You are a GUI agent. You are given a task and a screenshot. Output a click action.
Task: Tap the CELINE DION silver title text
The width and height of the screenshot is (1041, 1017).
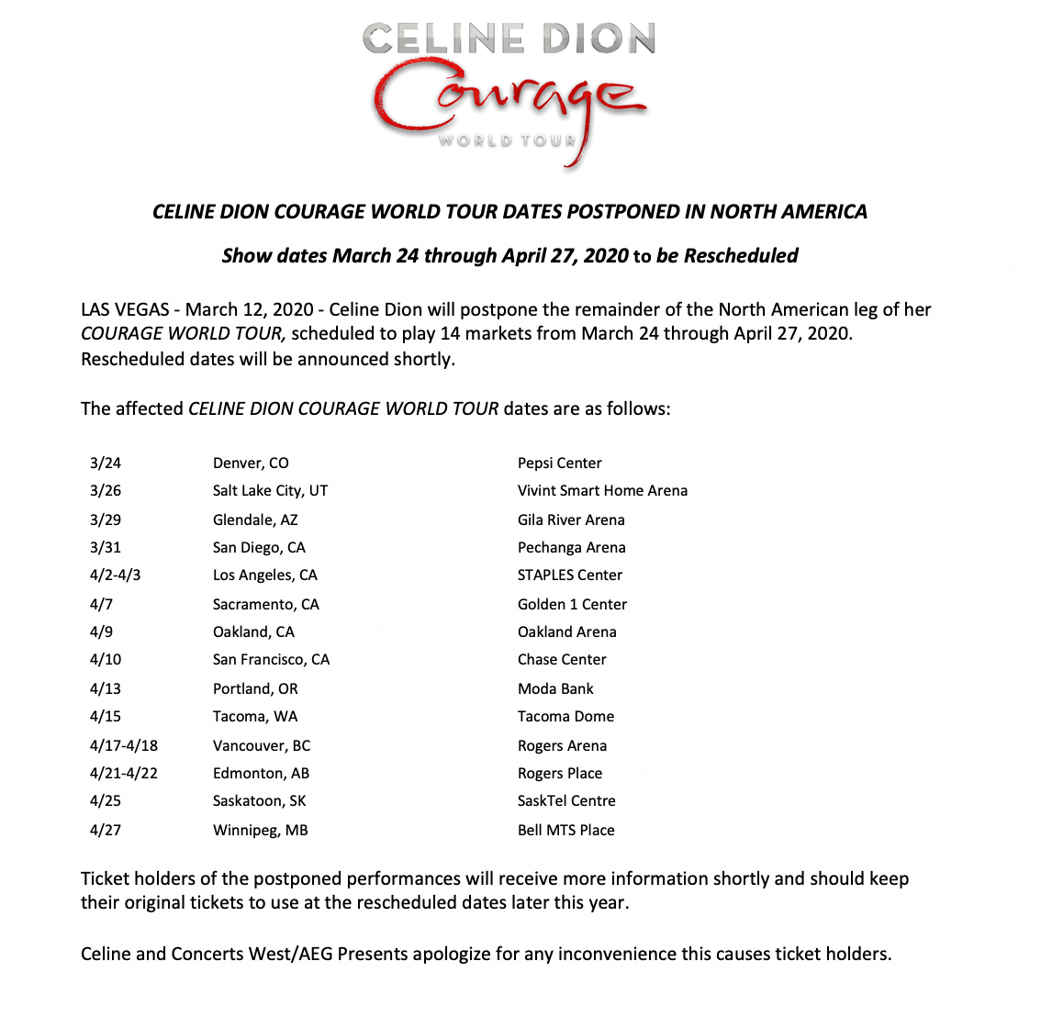click(x=509, y=39)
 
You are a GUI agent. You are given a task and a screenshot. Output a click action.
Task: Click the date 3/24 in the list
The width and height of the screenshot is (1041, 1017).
click(x=106, y=463)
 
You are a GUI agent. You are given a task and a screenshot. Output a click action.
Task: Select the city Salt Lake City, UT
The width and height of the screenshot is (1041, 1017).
click(x=270, y=490)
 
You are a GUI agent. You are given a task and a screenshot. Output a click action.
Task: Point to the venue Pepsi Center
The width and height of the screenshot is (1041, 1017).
click(x=559, y=463)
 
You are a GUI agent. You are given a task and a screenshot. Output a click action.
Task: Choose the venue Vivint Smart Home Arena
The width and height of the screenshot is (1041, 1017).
click(x=602, y=490)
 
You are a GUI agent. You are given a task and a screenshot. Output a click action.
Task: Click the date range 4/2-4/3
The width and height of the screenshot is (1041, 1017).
click(x=115, y=575)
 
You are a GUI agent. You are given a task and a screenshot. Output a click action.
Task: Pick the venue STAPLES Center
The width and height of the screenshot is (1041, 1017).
click(x=569, y=575)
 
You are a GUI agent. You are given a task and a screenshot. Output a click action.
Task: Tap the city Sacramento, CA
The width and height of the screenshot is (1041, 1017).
click(x=265, y=604)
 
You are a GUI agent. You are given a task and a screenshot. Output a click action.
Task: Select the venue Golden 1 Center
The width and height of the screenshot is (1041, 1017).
click(x=572, y=604)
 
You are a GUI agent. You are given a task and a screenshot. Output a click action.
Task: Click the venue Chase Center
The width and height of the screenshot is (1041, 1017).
click(x=562, y=659)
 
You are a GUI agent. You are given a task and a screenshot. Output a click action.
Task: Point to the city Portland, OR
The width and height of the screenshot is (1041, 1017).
click(x=255, y=688)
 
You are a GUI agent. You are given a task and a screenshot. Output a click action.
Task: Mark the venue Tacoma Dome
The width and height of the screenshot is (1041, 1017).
click(x=565, y=716)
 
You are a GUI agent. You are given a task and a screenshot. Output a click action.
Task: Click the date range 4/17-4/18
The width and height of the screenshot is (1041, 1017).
click(x=124, y=745)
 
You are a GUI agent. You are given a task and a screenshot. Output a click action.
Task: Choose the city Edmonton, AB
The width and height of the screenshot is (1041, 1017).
click(x=261, y=773)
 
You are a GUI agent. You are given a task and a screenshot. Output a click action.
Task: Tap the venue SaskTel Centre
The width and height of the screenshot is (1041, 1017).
click(x=566, y=800)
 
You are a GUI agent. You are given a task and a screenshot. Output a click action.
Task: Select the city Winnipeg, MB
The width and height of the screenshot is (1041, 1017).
click(x=260, y=830)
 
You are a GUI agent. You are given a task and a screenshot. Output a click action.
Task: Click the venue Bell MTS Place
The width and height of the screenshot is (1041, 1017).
click(x=565, y=830)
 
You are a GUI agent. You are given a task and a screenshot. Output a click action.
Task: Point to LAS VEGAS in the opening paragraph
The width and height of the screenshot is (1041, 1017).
click(x=125, y=309)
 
